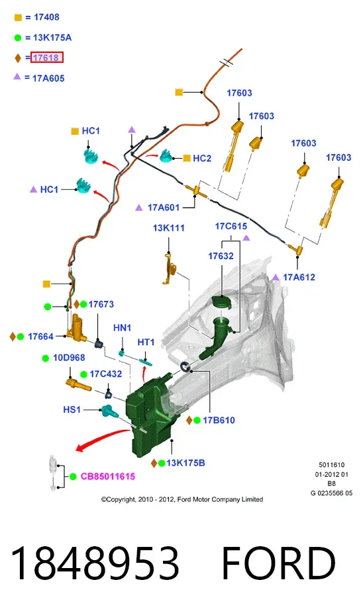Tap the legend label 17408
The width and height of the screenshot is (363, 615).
pyautogui.click(x=46, y=17)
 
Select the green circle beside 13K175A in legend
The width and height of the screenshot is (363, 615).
pyautogui.click(x=18, y=38)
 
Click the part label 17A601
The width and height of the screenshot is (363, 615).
pyautogui.click(x=164, y=208)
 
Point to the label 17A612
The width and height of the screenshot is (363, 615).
pyautogui.click(x=299, y=277)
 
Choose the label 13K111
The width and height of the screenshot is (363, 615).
pyautogui.click(x=168, y=228)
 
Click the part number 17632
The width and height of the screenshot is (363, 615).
pyautogui.click(x=221, y=256)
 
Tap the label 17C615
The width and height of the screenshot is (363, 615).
pyautogui.click(x=231, y=226)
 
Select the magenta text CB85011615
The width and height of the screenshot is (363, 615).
pyautogui.click(x=108, y=477)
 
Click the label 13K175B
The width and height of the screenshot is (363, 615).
pyautogui.click(x=185, y=463)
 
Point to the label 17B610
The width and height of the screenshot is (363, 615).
pyautogui.click(x=219, y=421)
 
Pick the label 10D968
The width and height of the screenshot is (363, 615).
pyautogui.click(x=69, y=358)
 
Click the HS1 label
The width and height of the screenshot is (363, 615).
pyautogui.click(x=72, y=410)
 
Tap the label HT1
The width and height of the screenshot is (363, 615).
pyautogui.click(x=146, y=343)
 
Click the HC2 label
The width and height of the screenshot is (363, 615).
pyautogui.click(x=202, y=159)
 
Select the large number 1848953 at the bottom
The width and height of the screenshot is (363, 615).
pyautogui.click(x=95, y=563)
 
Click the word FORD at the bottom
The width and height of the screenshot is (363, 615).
pyautogui.click(x=279, y=563)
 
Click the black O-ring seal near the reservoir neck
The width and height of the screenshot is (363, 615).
pyautogui.click(x=185, y=367)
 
